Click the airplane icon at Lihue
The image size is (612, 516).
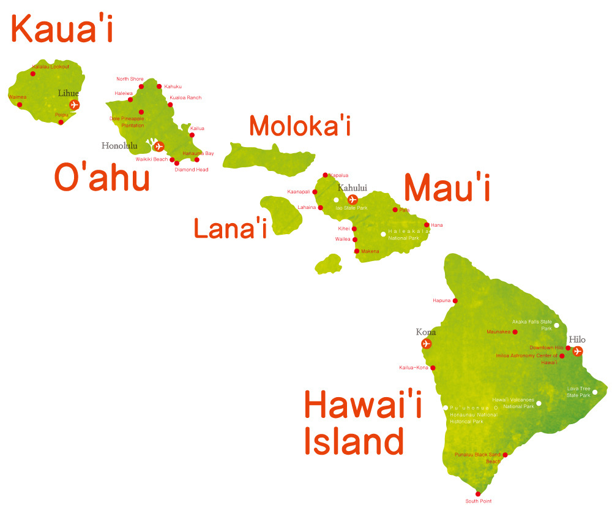click(75, 105)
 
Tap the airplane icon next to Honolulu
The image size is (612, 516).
click(159, 146)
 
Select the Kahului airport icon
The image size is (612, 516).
click(353, 199)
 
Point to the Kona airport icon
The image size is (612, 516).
click(427, 344)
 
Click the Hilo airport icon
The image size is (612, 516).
click(577, 351)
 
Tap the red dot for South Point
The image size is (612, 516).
click(478, 494)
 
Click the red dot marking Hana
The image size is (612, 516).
click(427, 225)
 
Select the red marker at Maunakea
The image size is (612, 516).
click(515, 332)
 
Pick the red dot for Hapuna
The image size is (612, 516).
click(455, 301)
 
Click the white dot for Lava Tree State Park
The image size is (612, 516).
click(595, 392)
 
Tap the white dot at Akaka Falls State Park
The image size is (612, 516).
click(556, 325)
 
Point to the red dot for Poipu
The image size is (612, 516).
click(61, 122)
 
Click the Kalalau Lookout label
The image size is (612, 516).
click(50, 66)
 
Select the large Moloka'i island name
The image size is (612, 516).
click(299, 125)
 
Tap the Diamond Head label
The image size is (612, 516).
click(191, 170)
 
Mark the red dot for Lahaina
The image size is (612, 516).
click(321, 208)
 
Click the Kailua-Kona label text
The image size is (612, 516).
click(413, 368)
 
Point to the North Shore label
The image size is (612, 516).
click(130, 79)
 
